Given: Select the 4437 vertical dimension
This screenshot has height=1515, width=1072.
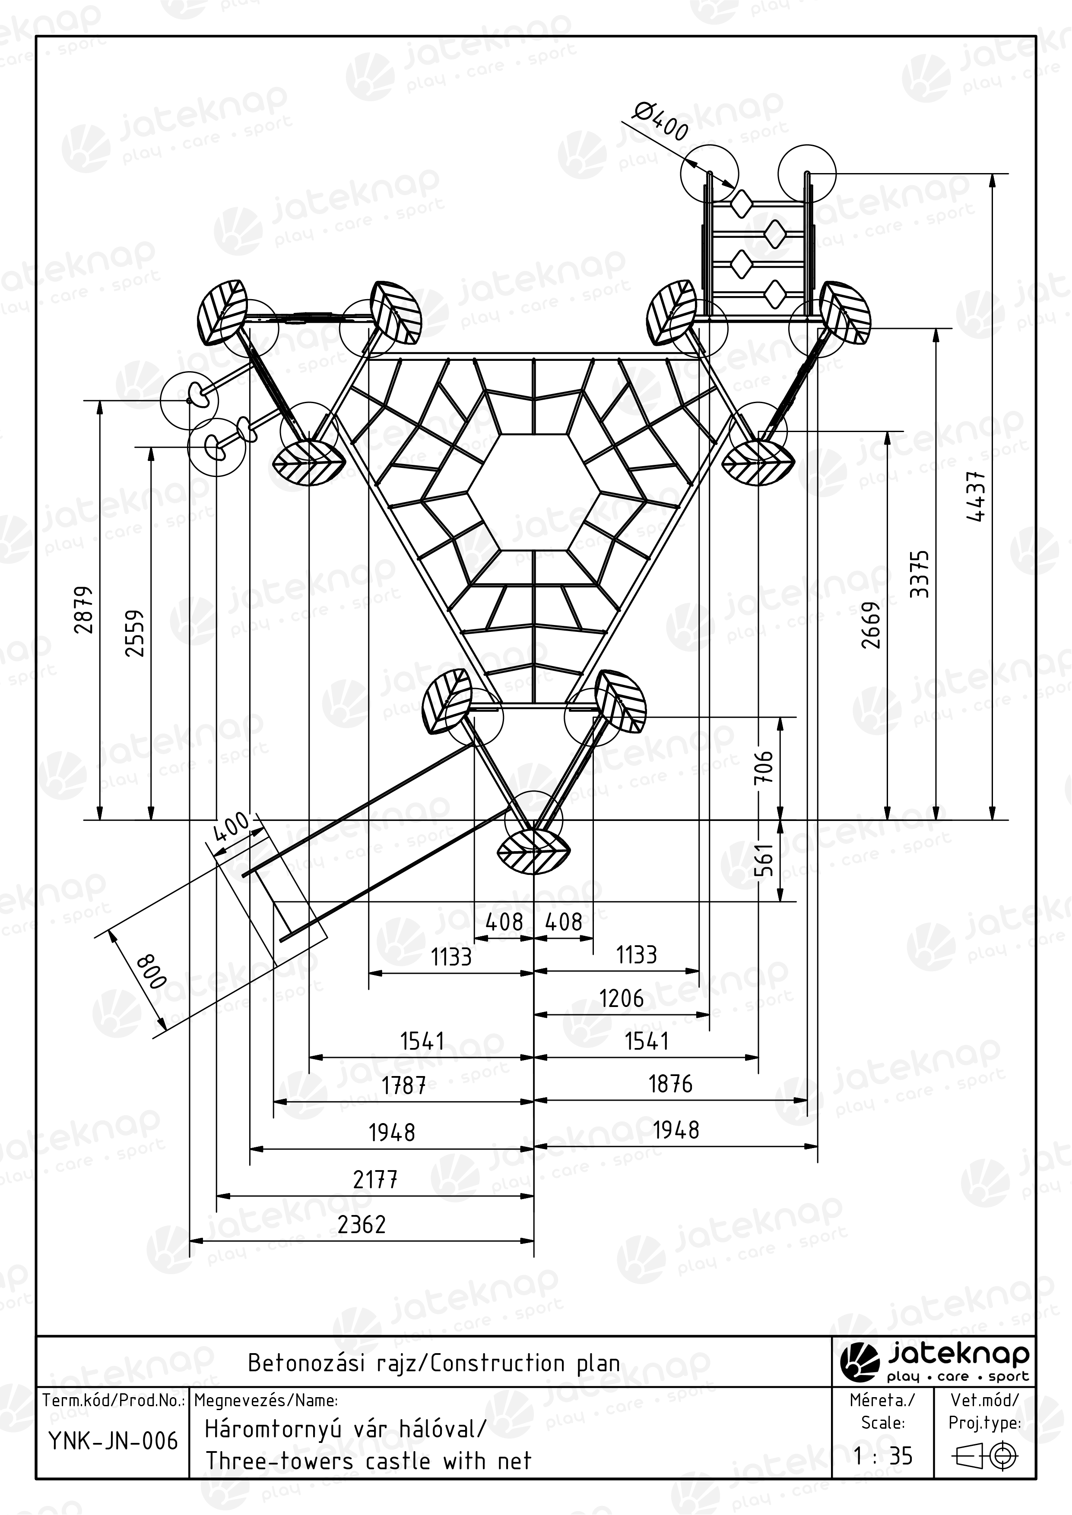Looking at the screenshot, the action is pos(976,496).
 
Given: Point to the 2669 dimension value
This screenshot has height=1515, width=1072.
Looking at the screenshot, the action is pos(871,625).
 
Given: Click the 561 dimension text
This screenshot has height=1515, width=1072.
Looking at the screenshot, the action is pos(764,860).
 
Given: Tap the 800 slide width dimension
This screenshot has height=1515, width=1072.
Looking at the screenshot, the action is pos(151,971).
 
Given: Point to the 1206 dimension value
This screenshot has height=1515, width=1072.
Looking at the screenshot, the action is pos(621,998).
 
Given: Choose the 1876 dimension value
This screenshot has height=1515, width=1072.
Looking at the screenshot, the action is pos(670,1084).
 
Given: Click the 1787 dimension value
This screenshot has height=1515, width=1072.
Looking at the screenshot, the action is pos(403,1086).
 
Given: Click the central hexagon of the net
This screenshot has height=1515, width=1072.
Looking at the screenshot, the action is pos(534,492).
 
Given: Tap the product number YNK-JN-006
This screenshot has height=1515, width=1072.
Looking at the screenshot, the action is pos(113,1441).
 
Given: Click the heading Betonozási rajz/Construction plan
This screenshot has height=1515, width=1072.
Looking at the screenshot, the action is pos(434,1363).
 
